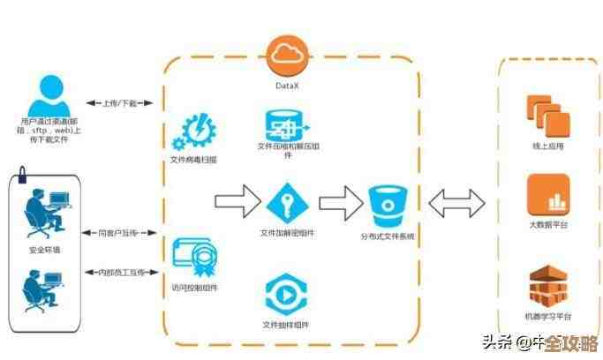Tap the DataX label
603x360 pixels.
click(x=288, y=86)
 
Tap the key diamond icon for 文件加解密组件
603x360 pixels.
click(x=287, y=204)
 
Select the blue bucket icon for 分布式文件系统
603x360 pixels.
click(x=387, y=206)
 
